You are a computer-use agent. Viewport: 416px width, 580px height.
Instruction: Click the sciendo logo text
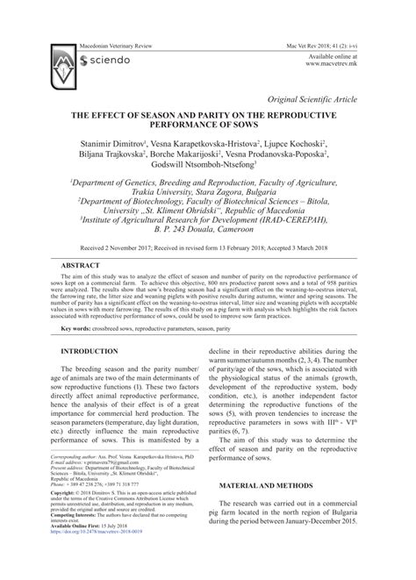111,61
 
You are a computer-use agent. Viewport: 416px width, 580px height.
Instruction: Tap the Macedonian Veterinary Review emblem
61,61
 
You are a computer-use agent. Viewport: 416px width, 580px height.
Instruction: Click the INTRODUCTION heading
90,351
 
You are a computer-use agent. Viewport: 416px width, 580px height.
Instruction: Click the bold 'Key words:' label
76,329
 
